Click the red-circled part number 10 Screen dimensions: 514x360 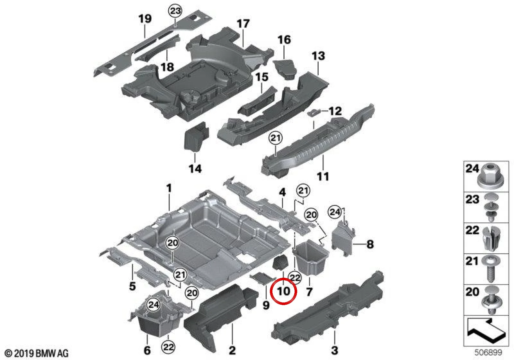[x=284, y=291]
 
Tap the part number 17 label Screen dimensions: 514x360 [x=243, y=24]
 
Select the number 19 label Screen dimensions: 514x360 [x=145, y=19]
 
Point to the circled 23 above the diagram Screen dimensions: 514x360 [x=175, y=11]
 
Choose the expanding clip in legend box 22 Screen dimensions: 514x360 [x=491, y=239]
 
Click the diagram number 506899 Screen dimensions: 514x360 [x=488, y=352]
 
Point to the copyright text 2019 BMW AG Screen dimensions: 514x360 [x=37, y=353]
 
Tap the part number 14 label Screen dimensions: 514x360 [x=195, y=169]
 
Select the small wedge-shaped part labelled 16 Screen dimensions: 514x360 [x=285, y=69]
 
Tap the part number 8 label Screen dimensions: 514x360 [x=370, y=244]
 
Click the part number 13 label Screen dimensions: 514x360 [x=318, y=56]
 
